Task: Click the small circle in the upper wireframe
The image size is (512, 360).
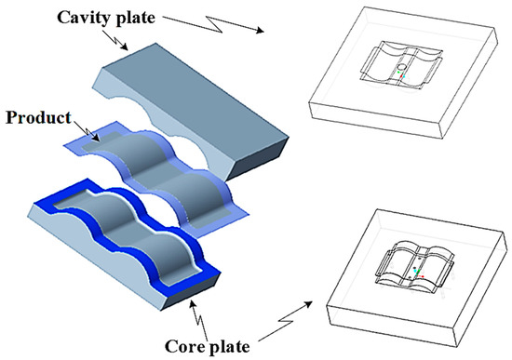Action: pyautogui.click(x=400, y=69)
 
